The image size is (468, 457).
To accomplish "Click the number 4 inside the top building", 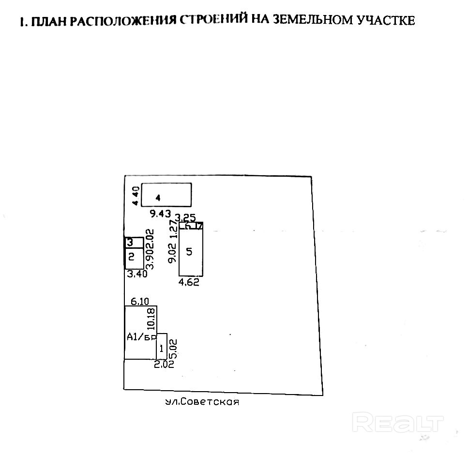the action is coord(158,198).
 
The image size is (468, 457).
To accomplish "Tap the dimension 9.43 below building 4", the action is coord(160,213).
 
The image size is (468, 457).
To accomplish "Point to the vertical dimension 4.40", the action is coord(136,195).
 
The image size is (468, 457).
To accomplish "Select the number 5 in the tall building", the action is coord(189,251).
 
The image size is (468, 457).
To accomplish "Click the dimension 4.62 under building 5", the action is coord(189,283).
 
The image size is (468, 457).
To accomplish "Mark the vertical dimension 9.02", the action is coord(171,253).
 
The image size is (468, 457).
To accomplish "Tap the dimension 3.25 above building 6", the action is coord(185,217).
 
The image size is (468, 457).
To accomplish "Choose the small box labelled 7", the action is coord(199,226).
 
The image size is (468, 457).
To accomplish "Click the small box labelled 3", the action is coord(130,242).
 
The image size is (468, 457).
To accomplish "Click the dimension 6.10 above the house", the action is coord(139,301).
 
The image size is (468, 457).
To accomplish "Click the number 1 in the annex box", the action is coord(162,347).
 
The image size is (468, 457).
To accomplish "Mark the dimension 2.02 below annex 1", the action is coord(164,365).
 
